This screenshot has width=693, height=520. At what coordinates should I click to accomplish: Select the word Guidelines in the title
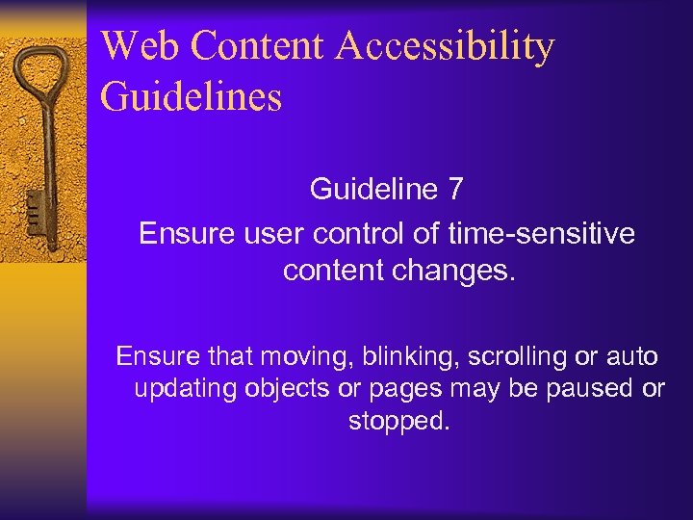coord(191,97)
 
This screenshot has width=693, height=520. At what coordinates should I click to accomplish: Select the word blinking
coord(413,356)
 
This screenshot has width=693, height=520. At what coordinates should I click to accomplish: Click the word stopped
coord(398,422)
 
